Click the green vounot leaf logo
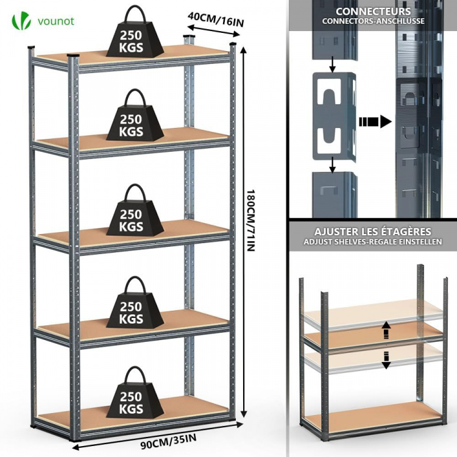(x=21, y=21)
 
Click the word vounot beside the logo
(x=55, y=21)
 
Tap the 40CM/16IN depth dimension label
(x=216, y=18)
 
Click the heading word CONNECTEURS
(x=373, y=11)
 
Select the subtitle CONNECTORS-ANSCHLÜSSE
(x=373, y=21)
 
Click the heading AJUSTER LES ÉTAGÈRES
(x=373, y=232)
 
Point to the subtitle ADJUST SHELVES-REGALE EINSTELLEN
(x=373, y=242)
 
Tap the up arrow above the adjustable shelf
(x=386, y=330)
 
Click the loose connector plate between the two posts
(x=333, y=116)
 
